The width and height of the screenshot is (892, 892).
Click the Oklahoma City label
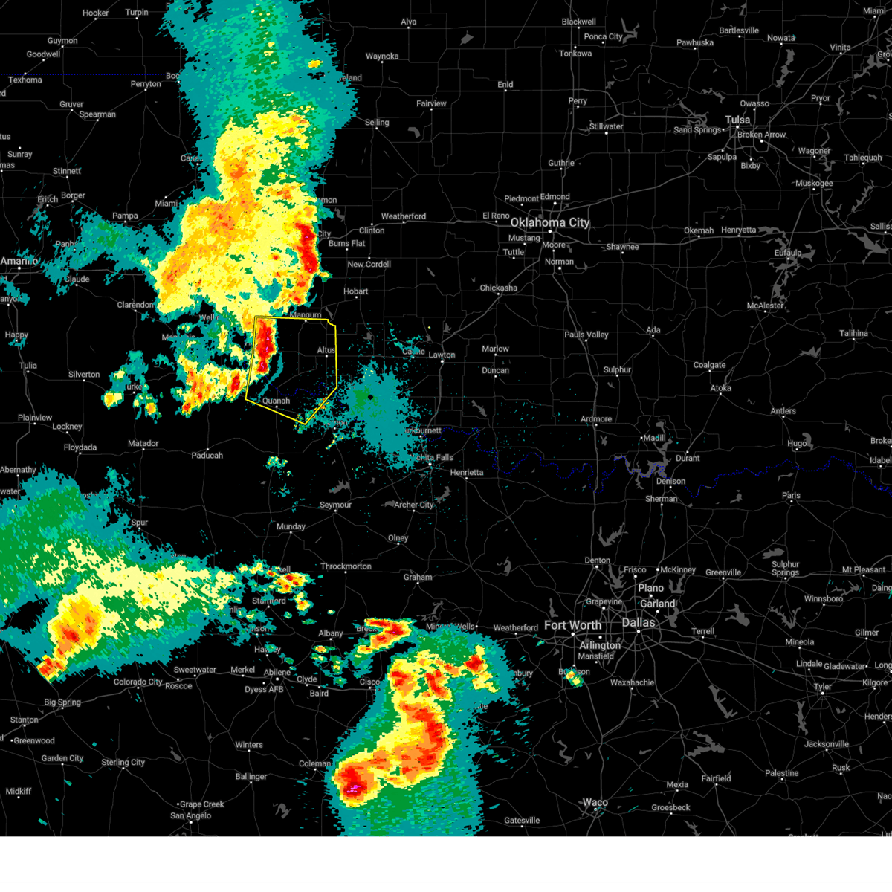pyautogui.click(x=549, y=222)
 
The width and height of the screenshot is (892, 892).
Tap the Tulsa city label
pyautogui.click(x=737, y=120)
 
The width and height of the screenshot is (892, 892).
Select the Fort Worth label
pyautogui.click(x=572, y=625)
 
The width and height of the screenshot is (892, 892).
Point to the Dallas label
pyautogui.click(x=638, y=622)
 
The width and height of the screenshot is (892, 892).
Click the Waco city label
pyautogui.click(x=595, y=802)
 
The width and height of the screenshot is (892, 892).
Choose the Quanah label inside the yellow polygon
pyautogui.click(x=276, y=401)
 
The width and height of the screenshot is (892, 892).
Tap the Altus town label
pyautogui.click(x=326, y=350)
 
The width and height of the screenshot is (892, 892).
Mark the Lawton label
pyautogui.click(x=442, y=355)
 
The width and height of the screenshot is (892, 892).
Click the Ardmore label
pyautogui.click(x=596, y=419)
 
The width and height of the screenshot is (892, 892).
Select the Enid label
pyautogui.click(x=505, y=85)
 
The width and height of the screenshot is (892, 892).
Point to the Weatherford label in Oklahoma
pyautogui.click(x=404, y=216)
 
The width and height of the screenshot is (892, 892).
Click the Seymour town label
pyautogui.click(x=335, y=505)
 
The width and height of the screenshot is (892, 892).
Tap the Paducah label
pyautogui.click(x=207, y=455)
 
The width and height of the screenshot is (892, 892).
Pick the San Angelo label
pyautogui.click(x=190, y=815)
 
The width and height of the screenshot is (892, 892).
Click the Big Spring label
pyautogui.click(x=62, y=702)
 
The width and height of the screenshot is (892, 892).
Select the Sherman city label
pyautogui.click(x=661, y=499)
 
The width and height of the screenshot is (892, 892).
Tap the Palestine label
pyautogui.click(x=781, y=773)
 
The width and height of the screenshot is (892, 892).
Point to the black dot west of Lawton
pyautogui.click(x=370, y=397)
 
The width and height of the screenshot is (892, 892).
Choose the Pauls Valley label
pyautogui.click(x=586, y=334)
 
